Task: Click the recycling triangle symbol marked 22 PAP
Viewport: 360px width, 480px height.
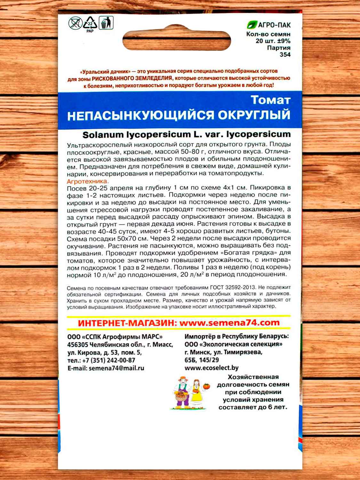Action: point(90,24)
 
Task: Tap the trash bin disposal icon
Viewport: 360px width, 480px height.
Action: point(107,23)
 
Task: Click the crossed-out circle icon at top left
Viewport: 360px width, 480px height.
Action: point(75,24)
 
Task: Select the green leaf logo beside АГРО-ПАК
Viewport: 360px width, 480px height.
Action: point(252,25)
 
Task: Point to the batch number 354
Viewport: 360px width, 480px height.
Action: point(285,54)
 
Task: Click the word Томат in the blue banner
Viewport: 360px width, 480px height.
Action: point(270,100)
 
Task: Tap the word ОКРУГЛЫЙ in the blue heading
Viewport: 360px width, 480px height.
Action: point(254,115)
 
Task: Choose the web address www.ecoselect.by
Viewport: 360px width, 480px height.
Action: point(212,368)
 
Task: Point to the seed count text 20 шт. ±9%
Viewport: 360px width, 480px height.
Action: point(273,41)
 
